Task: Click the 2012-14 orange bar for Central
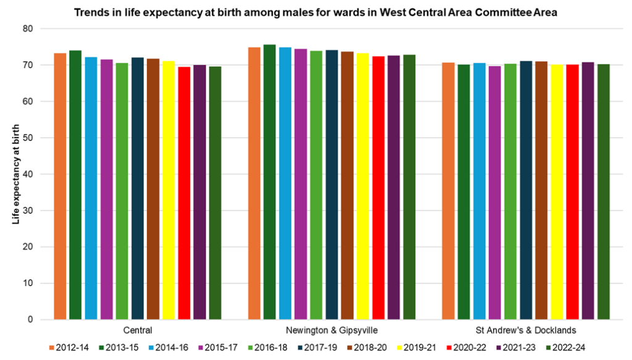pyautogui.click(x=60, y=186)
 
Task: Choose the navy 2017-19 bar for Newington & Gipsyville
pyautogui.click(x=332, y=185)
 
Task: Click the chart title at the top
pyautogui.click(x=315, y=12)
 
